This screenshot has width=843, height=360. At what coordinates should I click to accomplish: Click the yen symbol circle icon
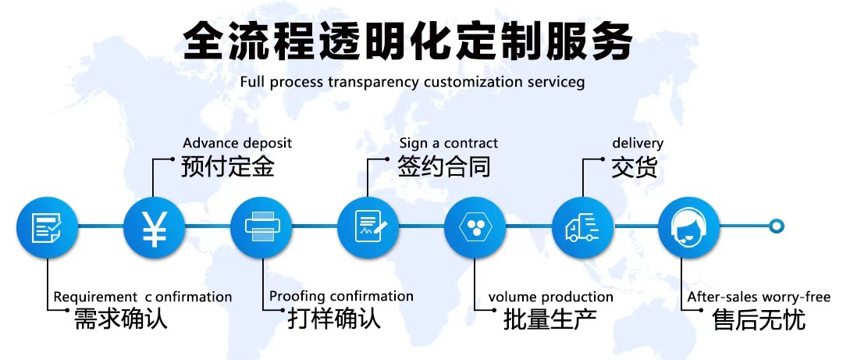pyautogui.click(x=154, y=226)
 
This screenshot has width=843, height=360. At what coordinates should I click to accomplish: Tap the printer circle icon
pyautogui.click(x=261, y=226)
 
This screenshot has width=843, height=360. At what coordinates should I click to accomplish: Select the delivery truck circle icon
pyautogui.click(x=582, y=226)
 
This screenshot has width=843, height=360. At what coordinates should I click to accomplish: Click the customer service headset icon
pyautogui.click(x=689, y=226)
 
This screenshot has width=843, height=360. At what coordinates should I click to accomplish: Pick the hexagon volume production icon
pyautogui.click(x=475, y=226)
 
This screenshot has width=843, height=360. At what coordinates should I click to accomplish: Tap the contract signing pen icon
pyautogui.click(x=368, y=226)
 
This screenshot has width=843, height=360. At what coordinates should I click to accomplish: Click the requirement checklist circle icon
pyautogui.click(x=47, y=226)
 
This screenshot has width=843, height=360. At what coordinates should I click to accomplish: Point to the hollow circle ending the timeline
pyautogui.click(x=776, y=226)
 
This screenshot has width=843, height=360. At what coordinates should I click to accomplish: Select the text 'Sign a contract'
pyautogui.click(x=448, y=144)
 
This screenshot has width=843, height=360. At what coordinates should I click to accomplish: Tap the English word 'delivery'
pyautogui.click(x=637, y=144)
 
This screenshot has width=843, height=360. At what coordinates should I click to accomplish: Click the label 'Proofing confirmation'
pyautogui.click(x=341, y=297)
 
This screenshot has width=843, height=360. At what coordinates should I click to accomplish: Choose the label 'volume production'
pyautogui.click(x=550, y=298)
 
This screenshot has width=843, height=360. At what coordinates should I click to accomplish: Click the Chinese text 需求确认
pyautogui.click(x=120, y=319)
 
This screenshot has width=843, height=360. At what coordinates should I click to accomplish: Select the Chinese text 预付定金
pyautogui.click(x=228, y=167)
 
